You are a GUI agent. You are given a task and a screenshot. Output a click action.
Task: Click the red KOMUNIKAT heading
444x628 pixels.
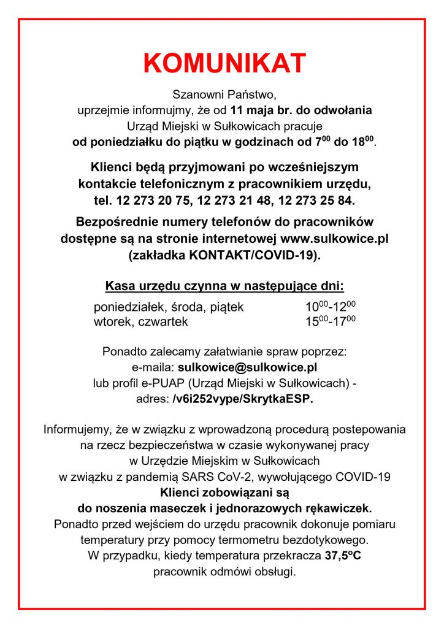point(224,63)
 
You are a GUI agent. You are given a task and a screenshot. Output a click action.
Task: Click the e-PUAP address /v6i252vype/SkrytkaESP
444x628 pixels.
point(242,399)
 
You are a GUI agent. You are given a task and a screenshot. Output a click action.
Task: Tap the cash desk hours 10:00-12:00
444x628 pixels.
point(331,307)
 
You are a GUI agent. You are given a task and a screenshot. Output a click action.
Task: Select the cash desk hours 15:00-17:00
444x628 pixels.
point(331,321)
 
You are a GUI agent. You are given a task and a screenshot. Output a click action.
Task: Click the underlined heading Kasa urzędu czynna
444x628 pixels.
point(224,286)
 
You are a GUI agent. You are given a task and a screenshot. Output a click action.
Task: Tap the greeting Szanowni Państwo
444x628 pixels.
point(224,95)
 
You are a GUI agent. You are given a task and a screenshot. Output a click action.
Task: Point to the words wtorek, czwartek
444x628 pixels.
point(140,321)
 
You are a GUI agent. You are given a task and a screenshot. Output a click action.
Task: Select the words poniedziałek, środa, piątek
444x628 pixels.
point(169,307)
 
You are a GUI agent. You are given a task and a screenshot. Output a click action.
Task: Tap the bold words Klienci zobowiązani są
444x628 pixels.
point(224,492)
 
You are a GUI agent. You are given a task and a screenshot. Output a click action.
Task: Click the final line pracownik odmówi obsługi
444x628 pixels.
point(224,572)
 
